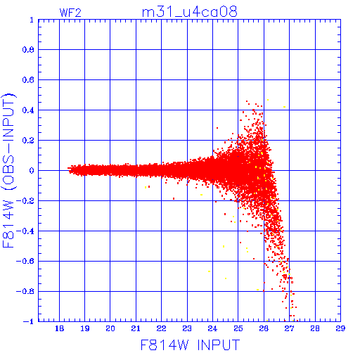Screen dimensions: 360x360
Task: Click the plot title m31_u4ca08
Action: [190, 11]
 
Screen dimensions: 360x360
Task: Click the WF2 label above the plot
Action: [70, 13]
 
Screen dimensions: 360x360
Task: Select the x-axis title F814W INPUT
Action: [191, 345]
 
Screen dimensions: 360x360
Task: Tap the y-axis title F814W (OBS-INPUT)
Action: [8, 170]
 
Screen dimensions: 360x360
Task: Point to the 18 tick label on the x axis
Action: [59, 328]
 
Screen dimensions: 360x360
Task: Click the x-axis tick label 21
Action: [136, 328]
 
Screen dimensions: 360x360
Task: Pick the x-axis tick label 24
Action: [212, 328]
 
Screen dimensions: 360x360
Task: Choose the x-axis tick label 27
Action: [289, 328]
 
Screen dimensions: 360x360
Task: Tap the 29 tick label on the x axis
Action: [340, 328]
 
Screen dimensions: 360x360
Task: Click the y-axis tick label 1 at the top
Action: [32, 20]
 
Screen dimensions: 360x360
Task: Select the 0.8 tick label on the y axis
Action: [28, 50]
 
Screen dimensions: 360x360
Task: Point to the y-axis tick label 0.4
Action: [28, 110]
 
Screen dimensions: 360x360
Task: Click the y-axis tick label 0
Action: [32, 170]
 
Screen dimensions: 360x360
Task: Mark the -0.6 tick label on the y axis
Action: [25, 261]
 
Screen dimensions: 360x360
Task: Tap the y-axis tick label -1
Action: [29, 321]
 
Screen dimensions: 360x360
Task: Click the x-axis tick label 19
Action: [85, 328]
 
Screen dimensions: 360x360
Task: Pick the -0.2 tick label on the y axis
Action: [25, 200]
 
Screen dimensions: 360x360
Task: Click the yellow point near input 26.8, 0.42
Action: [284, 107]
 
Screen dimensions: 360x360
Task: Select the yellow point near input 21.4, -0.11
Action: [146, 187]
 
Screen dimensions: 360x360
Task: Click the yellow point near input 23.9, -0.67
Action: [209, 271]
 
